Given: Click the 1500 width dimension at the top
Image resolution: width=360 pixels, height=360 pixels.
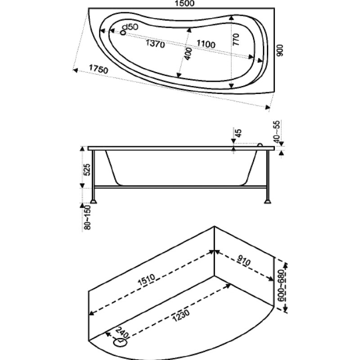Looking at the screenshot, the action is tap(184, 4).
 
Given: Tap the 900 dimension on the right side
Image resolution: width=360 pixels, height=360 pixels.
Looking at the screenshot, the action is tap(280, 50).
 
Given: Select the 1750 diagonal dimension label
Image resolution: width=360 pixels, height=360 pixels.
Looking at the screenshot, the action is tap(98, 69).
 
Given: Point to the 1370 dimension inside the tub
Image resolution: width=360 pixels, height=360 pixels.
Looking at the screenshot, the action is tap(155, 43).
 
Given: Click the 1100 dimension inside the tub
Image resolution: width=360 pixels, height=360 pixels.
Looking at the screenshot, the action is tap(206, 44).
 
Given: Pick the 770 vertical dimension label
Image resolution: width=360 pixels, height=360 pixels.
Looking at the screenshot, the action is tap(236, 40).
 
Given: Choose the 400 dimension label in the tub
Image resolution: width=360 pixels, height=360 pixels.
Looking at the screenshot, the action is tap(188, 54).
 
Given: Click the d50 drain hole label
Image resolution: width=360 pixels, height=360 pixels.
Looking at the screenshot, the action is tap(130, 27).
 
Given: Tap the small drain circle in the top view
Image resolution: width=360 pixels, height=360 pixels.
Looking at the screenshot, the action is tap(123, 33).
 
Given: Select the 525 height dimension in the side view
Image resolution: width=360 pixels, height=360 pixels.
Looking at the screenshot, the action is tap(87, 170).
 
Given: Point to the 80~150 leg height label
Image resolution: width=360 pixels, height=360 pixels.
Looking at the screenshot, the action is tap(87, 217).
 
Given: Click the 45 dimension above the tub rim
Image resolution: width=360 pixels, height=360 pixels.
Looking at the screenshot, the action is tap(239, 133).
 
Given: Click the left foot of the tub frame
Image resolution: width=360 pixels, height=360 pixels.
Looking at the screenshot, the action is tap(94, 201).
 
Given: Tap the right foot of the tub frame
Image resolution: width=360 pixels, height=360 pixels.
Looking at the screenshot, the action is tap(267, 201).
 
